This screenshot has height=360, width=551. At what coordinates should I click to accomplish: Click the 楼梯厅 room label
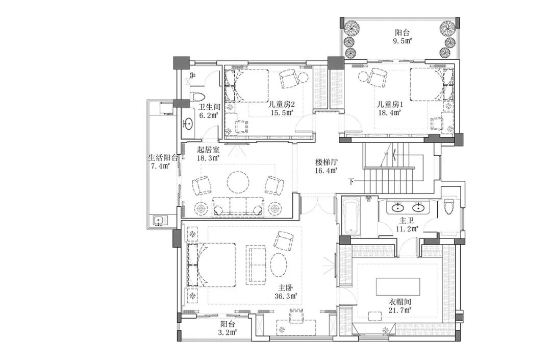tap(327, 162)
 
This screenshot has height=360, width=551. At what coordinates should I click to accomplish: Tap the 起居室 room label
tap(208, 150)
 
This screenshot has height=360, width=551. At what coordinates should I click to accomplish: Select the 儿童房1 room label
tap(390, 104)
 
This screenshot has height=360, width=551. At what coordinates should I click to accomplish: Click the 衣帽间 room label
tap(400, 302)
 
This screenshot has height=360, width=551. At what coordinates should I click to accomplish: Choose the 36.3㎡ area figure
tap(286, 296)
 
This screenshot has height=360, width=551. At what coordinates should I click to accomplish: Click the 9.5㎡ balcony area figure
tap(403, 41)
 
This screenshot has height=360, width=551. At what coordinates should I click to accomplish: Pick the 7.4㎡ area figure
tap(161, 166)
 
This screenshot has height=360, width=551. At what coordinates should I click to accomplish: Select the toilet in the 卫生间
tap(197, 97)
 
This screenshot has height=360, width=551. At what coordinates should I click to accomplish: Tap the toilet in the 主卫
tap(449, 206)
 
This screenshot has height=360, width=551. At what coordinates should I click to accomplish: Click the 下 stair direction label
tap(351, 181)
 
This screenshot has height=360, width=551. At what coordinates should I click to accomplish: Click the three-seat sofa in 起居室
tap(238, 206)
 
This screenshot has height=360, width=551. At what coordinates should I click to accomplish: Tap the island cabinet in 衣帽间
tap(398, 287)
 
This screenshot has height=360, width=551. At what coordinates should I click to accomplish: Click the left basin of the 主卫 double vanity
tap(397, 207)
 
